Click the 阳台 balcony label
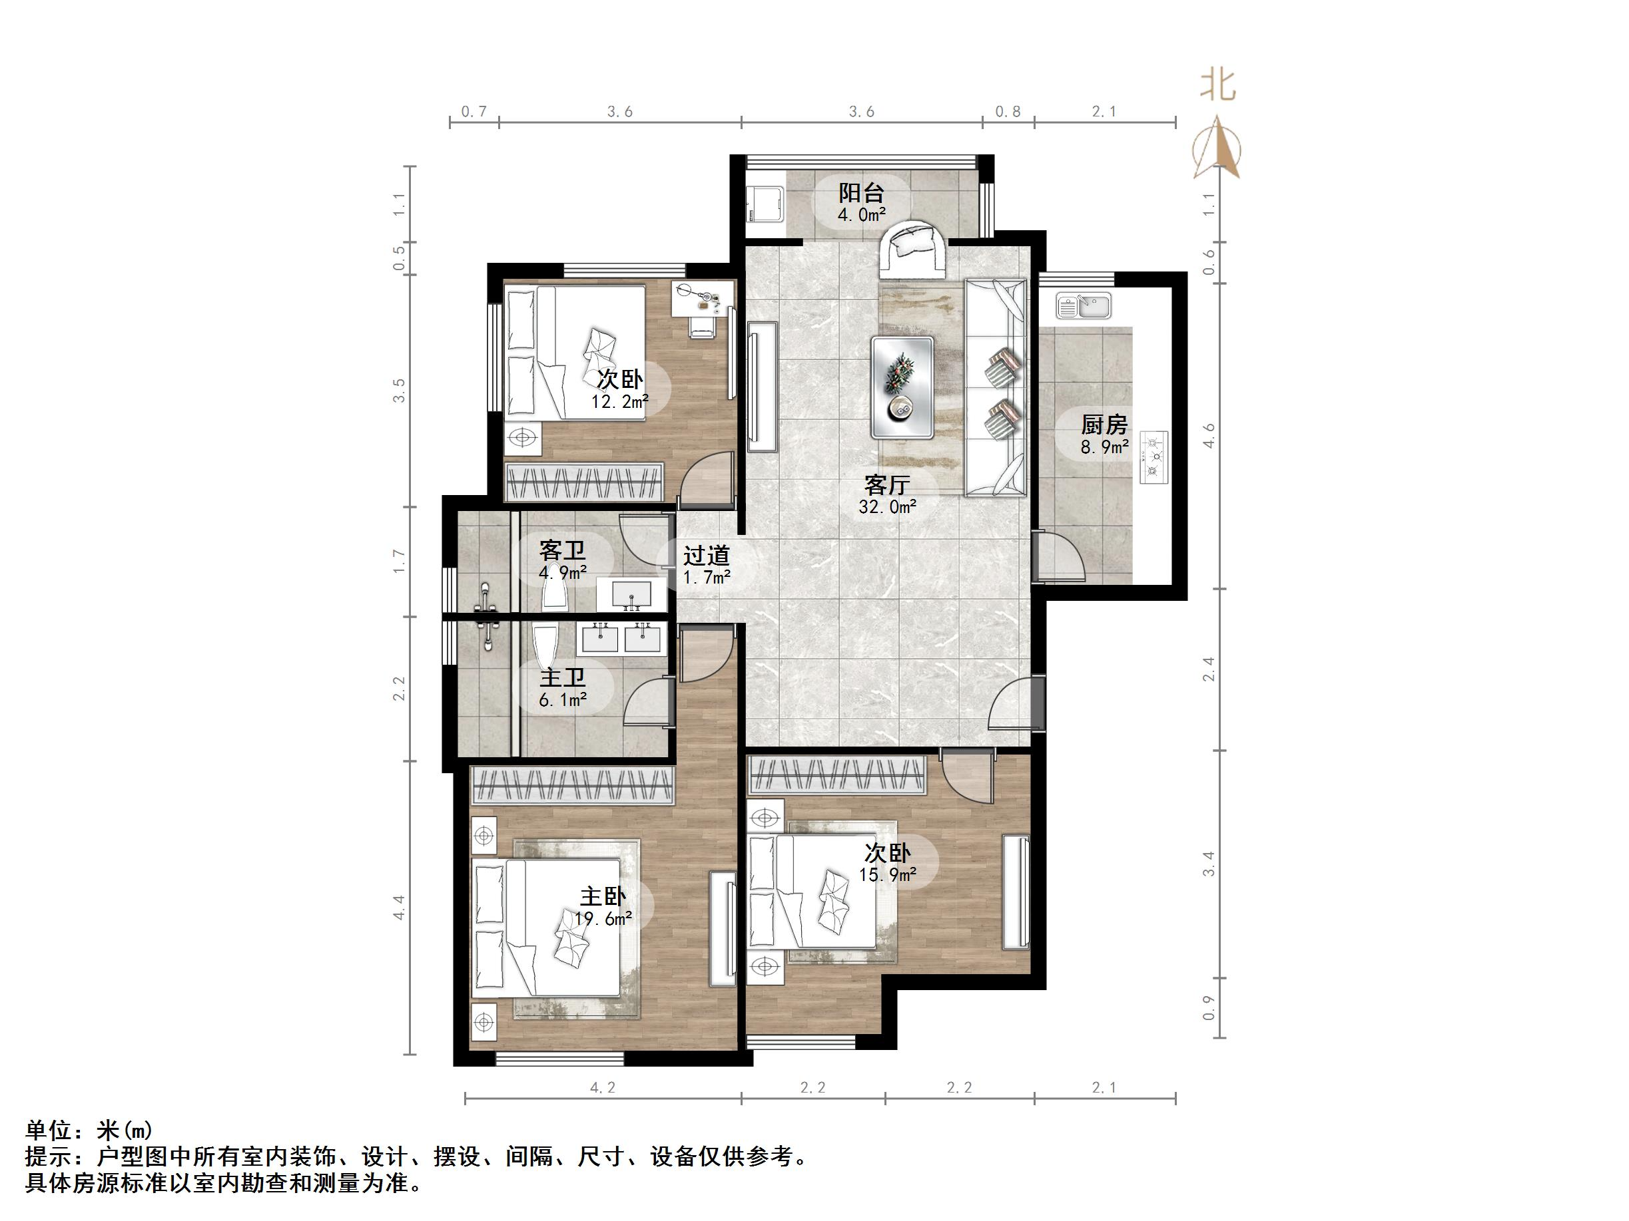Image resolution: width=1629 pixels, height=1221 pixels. [x=861, y=194]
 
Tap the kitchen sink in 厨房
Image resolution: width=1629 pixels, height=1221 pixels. [x=1083, y=305]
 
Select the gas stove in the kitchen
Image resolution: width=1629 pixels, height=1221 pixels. [x=1153, y=457]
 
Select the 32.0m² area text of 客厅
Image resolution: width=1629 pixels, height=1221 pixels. [x=886, y=506]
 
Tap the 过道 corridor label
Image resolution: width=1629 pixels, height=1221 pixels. [x=705, y=555]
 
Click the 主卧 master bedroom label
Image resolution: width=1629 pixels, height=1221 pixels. [x=603, y=896]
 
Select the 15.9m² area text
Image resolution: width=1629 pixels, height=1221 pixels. [x=886, y=874]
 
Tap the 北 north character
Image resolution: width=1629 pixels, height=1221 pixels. [x=1217, y=86]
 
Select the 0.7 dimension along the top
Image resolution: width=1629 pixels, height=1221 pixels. [x=474, y=112]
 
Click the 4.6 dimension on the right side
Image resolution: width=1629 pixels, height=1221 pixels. [x=1209, y=435]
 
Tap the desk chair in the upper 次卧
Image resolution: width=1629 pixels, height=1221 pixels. [x=701, y=325]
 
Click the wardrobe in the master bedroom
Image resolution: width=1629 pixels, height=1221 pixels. [x=572, y=785]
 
